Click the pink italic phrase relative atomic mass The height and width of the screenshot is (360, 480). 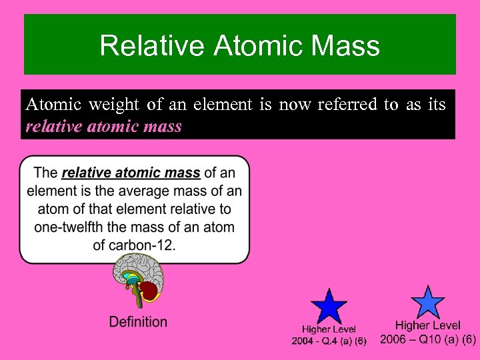click(103, 126)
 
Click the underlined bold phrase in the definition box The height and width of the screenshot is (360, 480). click(131, 173)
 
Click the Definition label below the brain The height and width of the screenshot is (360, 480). click(138, 322)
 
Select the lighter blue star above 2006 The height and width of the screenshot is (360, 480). click(427, 303)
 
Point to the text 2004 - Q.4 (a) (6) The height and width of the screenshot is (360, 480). click(329, 341)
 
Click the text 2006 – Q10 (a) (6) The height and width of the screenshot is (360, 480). click(428, 339)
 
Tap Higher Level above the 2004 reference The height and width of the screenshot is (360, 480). click(329, 329)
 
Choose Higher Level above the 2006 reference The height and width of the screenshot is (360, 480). click(428, 325)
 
